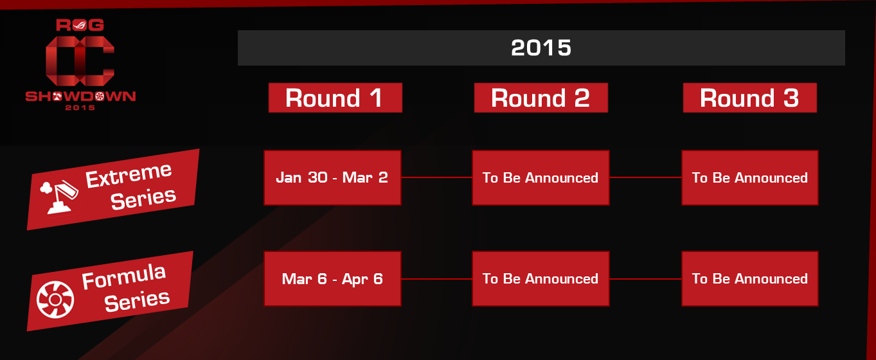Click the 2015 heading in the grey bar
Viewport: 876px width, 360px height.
point(541,48)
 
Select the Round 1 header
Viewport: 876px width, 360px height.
point(335,98)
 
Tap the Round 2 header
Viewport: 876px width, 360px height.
point(541,98)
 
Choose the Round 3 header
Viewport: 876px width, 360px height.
point(749,98)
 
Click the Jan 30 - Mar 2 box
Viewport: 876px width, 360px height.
point(332,177)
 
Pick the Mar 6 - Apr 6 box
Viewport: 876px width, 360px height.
point(332,278)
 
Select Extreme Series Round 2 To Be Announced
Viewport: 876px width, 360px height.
point(541,177)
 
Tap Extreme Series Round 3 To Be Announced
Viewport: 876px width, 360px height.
point(749,177)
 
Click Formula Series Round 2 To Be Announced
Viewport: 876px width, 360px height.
point(541,278)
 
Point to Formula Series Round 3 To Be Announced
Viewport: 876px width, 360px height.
point(749,278)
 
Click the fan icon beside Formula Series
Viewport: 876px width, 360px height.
point(55,300)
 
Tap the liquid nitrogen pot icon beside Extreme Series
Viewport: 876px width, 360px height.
point(59,197)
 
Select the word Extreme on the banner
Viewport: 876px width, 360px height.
point(129,175)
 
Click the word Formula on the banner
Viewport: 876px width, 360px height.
point(124,276)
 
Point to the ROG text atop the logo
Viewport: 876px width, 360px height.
point(80,25)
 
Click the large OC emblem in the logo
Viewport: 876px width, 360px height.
point(80,60)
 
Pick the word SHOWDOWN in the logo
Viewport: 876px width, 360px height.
point(80,96)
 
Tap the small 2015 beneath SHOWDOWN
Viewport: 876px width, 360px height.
point(80,108)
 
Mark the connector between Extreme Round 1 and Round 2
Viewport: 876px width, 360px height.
point(437,177)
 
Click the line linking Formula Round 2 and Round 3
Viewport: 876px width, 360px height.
point(645,279)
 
